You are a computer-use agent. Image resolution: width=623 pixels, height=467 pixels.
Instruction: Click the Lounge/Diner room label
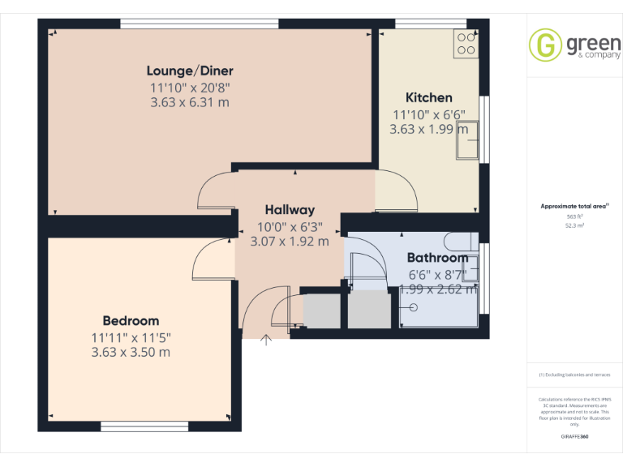190,71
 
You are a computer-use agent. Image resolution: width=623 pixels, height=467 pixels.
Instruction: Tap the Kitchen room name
429,97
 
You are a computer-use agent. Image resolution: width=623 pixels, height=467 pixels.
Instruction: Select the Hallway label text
290,210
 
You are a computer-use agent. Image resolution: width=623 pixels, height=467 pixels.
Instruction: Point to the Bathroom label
437,259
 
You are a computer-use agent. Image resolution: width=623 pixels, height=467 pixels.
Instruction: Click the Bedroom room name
131,320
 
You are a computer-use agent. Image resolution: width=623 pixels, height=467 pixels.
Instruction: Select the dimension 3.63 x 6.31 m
190,102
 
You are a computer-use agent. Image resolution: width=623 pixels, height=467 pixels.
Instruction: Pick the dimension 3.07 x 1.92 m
290,241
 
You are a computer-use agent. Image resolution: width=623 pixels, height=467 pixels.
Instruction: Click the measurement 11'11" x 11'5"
131,336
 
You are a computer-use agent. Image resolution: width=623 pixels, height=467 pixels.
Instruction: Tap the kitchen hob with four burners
466,43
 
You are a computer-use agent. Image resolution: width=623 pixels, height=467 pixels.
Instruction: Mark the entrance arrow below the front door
266,341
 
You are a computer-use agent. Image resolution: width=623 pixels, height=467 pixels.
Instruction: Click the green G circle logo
544,45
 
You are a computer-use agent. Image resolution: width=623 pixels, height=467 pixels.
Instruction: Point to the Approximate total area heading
574,207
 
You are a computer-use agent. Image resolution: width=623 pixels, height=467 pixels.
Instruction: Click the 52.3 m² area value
574,226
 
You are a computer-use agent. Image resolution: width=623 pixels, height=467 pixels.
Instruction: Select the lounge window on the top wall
199,23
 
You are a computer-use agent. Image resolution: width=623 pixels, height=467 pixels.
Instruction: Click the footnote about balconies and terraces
574,375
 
